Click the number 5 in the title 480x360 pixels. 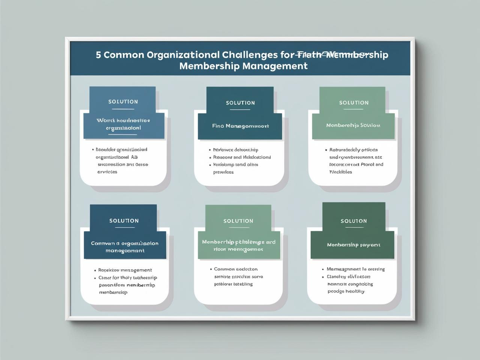(x=98, y=55)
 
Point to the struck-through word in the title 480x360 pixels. (x=309, y=55)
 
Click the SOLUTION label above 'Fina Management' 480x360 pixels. (x=240, y=103)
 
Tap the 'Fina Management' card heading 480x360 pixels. (x=240, y=126)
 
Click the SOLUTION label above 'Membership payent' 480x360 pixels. (x=354, y=221)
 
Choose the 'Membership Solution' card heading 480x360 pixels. (x=353, y=125)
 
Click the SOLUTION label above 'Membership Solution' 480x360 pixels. (x=354, y=102)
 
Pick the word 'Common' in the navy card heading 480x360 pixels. (x=103, y=243)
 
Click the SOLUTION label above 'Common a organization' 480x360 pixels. (x=124, y=221)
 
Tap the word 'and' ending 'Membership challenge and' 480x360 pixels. (x=271, y=242)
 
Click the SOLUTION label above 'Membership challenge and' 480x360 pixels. (x=238, y=221)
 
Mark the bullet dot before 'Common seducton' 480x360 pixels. (x=210, y=269)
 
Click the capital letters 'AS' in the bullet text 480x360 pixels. (x=135, y=157)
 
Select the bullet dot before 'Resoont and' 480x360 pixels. (x=210, y=157)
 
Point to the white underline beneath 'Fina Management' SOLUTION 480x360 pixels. (x=240, y=110)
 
